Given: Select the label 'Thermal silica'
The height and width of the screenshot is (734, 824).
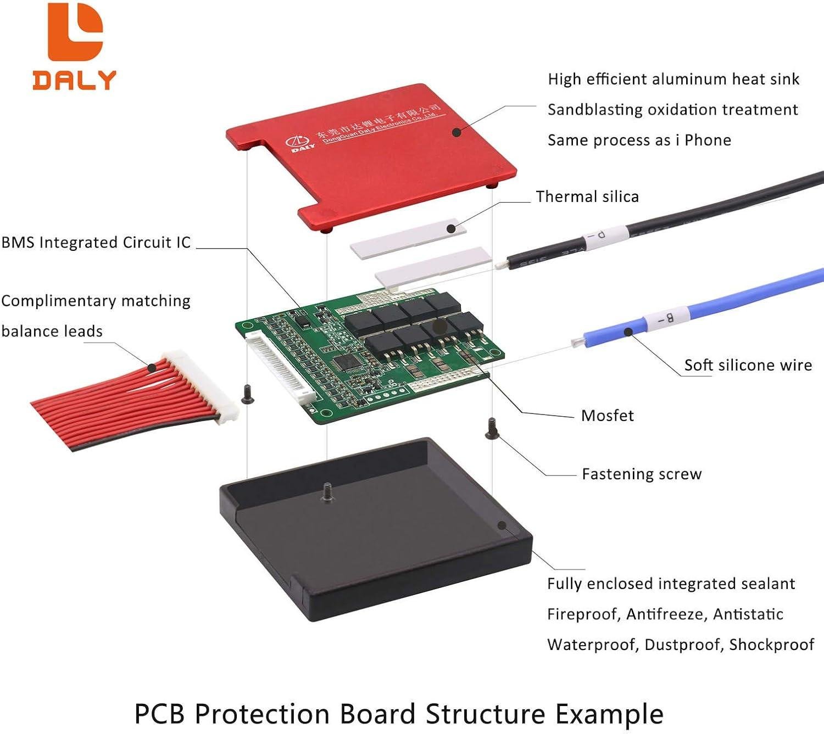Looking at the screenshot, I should click(x=587, y=197).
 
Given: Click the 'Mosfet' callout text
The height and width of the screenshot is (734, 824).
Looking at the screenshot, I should click(x=607, y=416).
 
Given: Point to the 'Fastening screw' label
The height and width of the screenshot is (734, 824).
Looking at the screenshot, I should click(x=642, y=474).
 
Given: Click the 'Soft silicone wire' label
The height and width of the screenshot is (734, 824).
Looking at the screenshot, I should click(x=748, y=365).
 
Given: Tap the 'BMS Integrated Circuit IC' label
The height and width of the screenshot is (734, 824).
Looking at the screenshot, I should click(x=96, y=243).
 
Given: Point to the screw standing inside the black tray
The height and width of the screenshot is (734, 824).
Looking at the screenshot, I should click(x=327, y=491).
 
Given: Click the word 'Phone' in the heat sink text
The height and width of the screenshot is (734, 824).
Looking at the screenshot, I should click(x=708, y=141).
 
